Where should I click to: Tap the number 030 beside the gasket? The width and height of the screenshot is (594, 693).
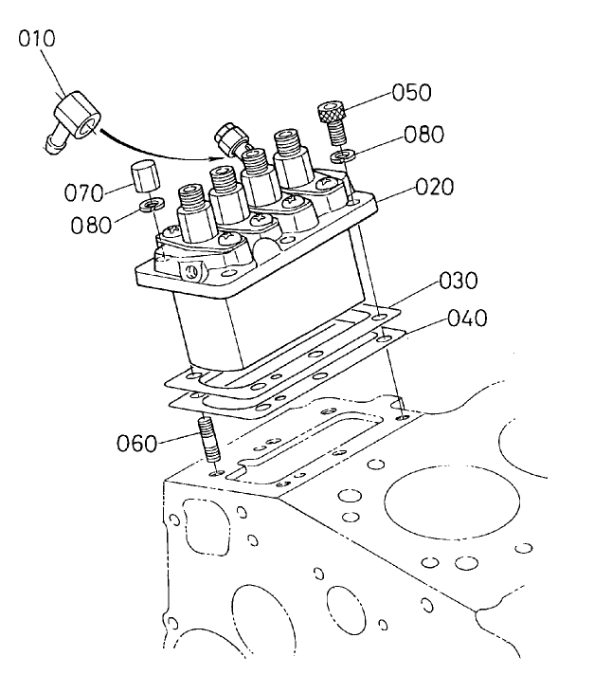459,282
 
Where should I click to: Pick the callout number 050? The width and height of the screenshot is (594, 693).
411,92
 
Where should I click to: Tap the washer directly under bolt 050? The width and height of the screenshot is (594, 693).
342,153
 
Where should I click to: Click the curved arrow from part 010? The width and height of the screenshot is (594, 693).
152,152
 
